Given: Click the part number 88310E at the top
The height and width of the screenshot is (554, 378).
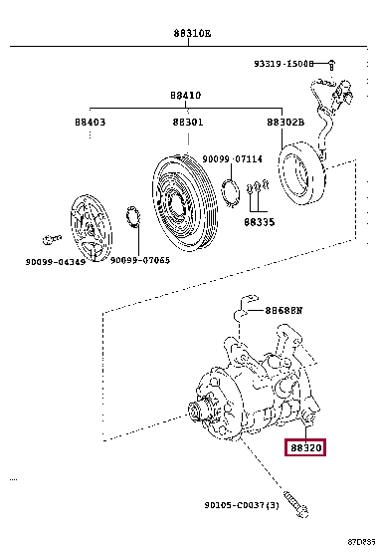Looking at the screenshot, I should coord(193,33).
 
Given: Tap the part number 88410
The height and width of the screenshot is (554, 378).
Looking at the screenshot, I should coord(185,96).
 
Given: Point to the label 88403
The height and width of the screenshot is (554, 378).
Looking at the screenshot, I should coord(90,122).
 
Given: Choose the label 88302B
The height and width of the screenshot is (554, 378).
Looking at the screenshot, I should coord(285,122).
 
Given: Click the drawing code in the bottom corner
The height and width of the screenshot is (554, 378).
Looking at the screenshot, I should coord(360,544).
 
